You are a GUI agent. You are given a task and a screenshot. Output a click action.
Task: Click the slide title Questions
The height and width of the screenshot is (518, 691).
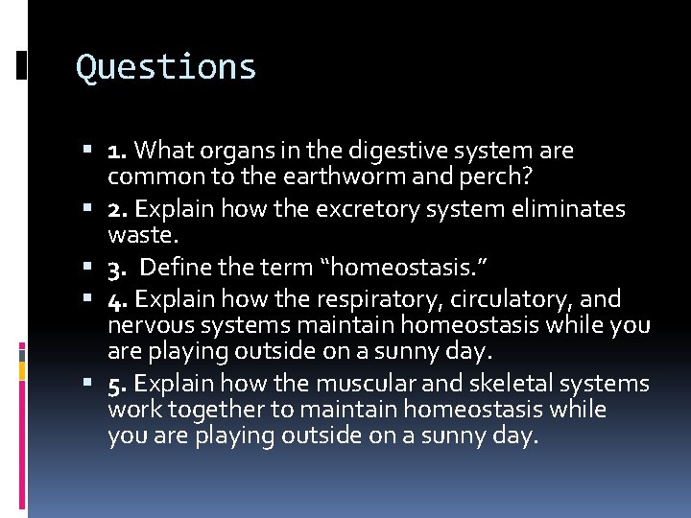click(166, 67)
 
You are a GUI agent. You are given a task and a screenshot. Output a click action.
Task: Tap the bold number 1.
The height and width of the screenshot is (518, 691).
click(118, 151)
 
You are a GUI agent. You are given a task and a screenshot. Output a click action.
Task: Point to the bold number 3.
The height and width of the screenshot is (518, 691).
click(118, 269)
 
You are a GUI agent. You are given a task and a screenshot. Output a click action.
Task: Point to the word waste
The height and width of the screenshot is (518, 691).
click(135, 235)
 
